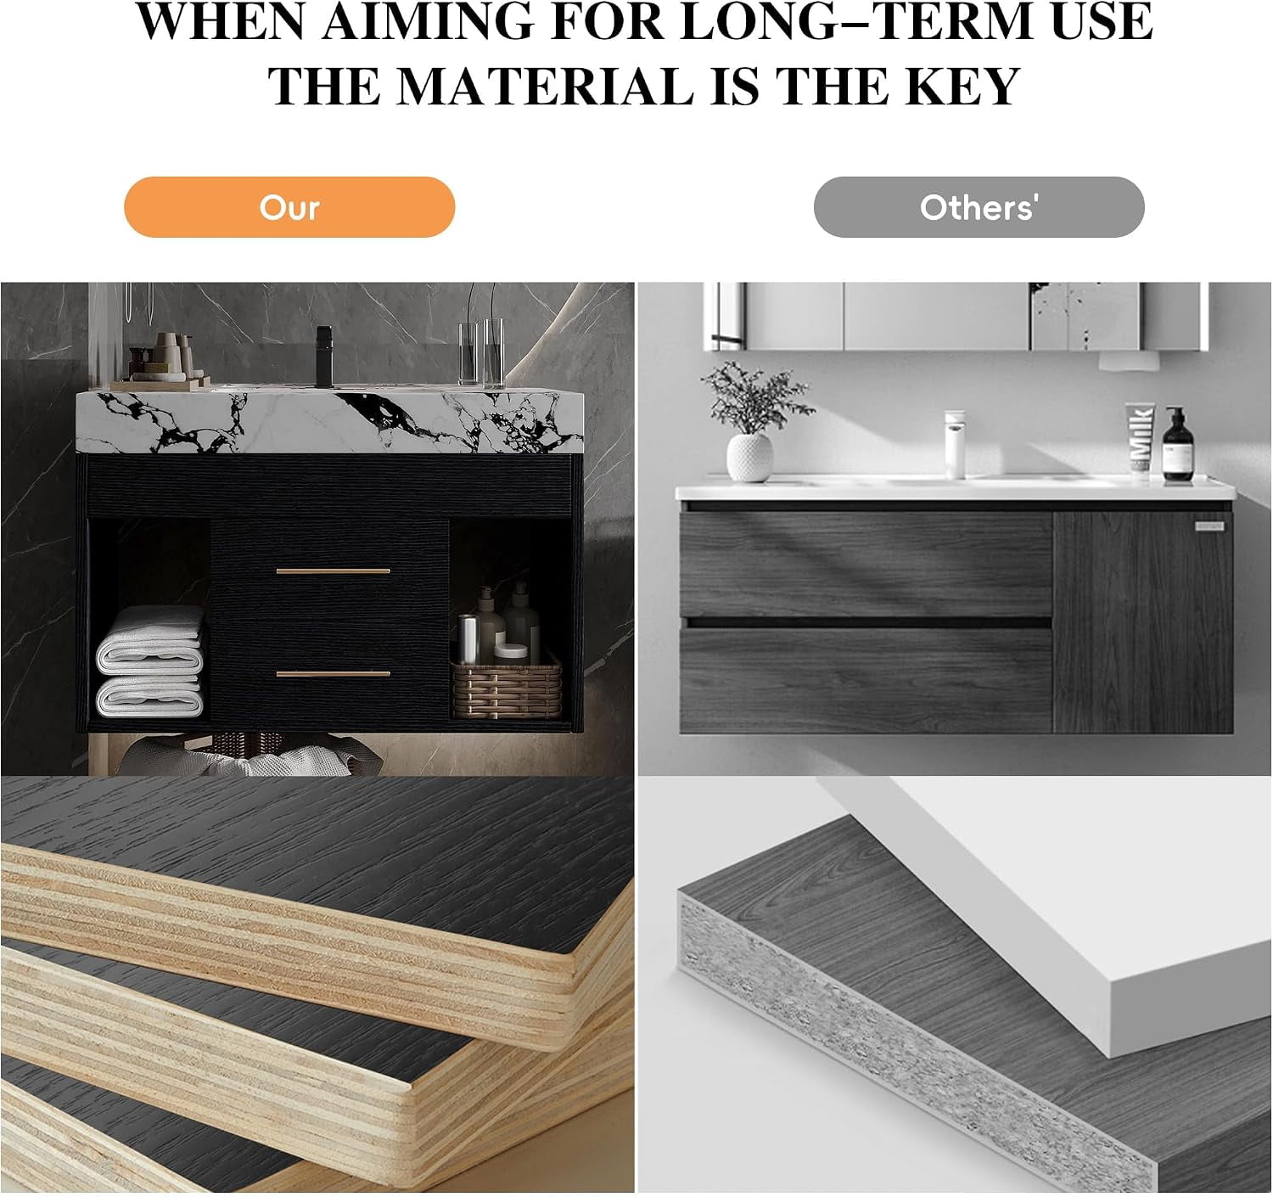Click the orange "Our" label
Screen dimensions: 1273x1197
[289, 207]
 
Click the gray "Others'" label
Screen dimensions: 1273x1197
[979, 207]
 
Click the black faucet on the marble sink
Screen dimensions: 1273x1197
[323, 356]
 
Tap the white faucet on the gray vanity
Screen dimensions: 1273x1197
[955, 444]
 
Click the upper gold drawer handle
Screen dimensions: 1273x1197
[334, 570]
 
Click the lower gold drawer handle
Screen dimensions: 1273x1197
[334, 673]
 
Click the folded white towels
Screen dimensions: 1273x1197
[150, 661]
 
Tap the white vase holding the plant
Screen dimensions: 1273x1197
[749, 458]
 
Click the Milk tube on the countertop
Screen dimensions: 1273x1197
[1141, 441]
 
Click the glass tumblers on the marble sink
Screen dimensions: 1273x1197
[481, 353]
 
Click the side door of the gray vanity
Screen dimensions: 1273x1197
[1143, 622]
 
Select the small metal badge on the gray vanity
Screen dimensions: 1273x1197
[1209, 526]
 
